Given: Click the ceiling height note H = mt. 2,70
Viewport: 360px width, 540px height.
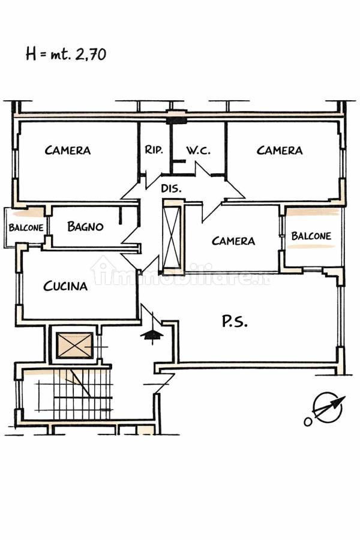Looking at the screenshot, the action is [x=66, y=55].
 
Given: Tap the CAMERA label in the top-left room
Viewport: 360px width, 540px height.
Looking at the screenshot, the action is [x=68, y=150].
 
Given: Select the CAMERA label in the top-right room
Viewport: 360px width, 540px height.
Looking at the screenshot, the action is [x=280, y=150].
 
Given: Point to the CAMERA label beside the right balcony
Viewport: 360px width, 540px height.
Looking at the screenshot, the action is [x=233, y=241].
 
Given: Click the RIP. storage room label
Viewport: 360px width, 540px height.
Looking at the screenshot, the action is [x=154, y=150].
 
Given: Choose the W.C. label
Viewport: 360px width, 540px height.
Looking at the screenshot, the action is [x=199, y=150].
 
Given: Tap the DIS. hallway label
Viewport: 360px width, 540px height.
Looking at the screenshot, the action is [x=171, y=188].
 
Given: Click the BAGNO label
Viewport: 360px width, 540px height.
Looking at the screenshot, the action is [x=85, y=226].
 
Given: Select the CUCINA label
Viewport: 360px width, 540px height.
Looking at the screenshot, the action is [x=65, y=286].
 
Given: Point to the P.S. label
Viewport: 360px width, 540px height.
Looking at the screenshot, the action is [x=234, y=322].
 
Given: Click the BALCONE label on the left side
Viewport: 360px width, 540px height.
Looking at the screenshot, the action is [x=26, y=227].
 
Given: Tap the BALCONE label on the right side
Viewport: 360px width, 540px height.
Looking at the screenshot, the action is [x=311, y=236].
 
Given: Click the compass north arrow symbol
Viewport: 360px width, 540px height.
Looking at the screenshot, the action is [x=328, y=408].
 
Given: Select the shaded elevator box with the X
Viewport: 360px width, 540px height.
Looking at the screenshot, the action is [x=75, y=345].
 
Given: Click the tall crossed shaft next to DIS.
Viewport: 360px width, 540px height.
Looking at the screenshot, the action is [x=172, y=238].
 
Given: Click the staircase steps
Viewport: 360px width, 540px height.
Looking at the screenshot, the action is [x=74, y=394].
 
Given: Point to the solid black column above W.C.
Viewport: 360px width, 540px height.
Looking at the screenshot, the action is [x=176, y=121].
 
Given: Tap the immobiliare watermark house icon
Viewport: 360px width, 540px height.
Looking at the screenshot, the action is [x=101, y=270].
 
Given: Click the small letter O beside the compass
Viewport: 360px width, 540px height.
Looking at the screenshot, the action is [x=308, y=421].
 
